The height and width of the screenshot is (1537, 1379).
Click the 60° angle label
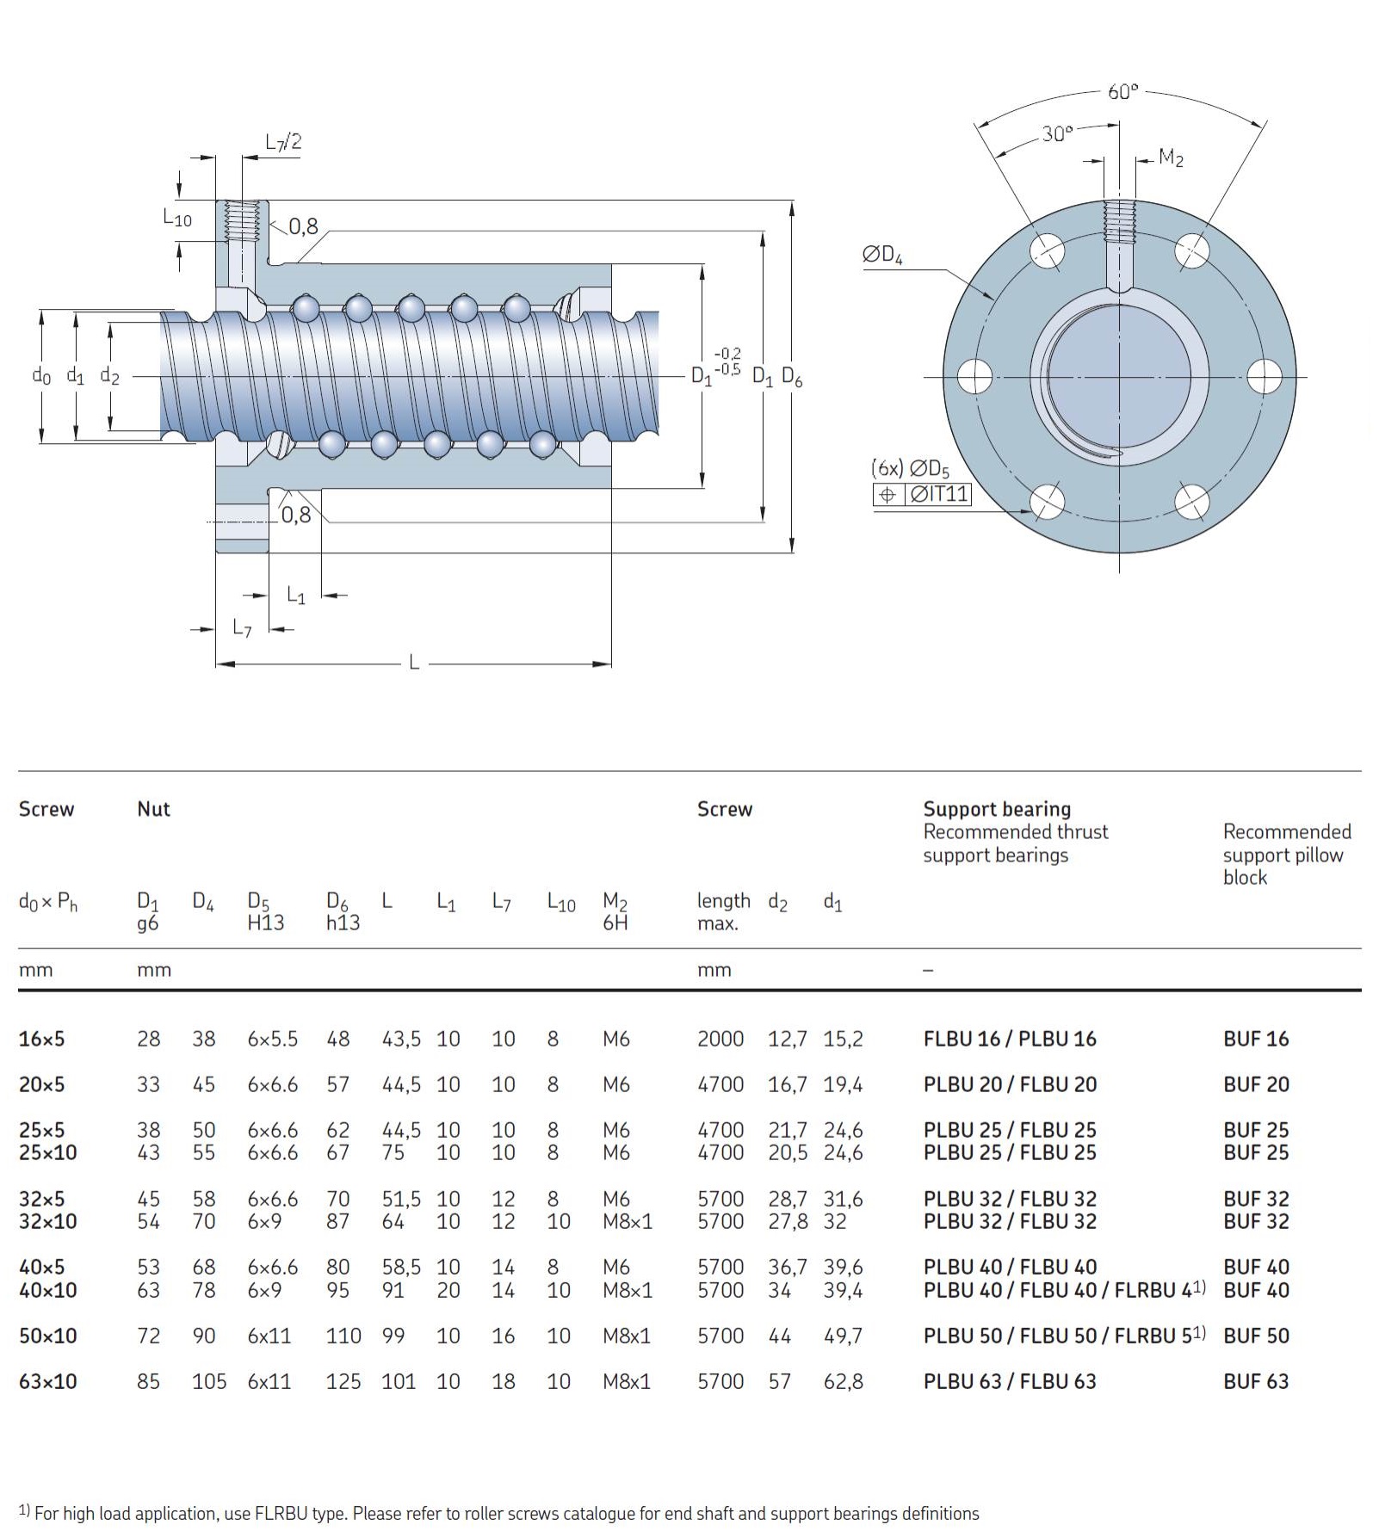[x=1122, y=91]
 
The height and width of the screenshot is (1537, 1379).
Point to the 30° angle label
[x=1057, y=133]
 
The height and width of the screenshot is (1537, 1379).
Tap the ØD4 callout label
[x=882, y=255]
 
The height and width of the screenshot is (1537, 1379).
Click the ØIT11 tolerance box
[x=938, y=494]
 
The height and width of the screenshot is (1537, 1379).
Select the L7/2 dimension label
[x=283, y=142]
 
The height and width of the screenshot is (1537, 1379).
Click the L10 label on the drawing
[x=177, y=218]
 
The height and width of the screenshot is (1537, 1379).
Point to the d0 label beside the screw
[x=41, y=375]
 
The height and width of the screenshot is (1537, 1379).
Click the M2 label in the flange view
[x=1171, y=157]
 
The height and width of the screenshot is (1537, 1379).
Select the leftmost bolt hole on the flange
[x=974, y=377]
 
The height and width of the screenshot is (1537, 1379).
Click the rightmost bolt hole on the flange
[x=1264, y=377]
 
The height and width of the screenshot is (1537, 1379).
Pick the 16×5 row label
[x=41, y=1039]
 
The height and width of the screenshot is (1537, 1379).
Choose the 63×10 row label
[x=47, y=1381]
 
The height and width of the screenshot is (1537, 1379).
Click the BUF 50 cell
[x=1256, y=1336]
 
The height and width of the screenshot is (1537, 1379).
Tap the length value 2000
[x=720, y=1039]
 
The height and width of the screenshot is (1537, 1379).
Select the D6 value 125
[x=343, y=1381]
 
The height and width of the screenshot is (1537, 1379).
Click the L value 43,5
[x=400, y=1039]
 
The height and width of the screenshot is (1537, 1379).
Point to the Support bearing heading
[x=997, y=809]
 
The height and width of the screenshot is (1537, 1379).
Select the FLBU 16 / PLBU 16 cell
[x=1010, y=1039]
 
